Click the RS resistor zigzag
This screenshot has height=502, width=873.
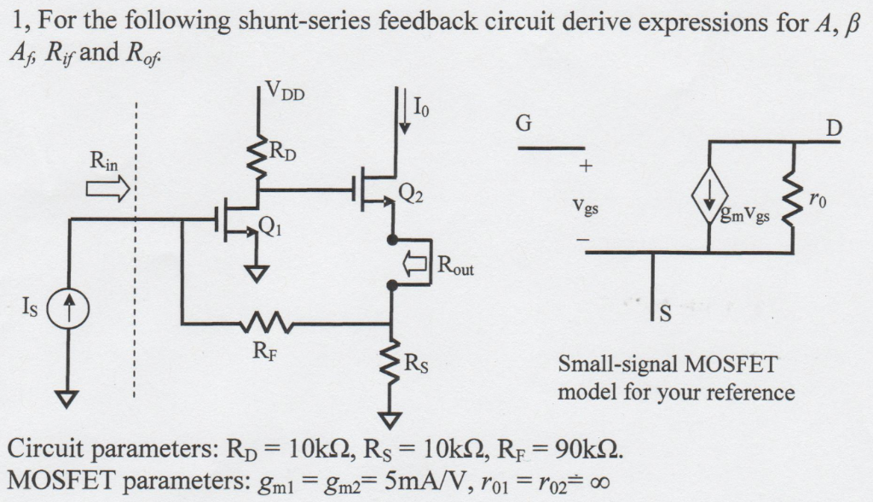tap(391, 365)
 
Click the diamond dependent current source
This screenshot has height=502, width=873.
tap(709, 207)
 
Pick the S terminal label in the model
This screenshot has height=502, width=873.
tap(667, 318)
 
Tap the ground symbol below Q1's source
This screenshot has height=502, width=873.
tap(257, 271)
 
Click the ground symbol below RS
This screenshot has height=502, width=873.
tap(391, 418)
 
